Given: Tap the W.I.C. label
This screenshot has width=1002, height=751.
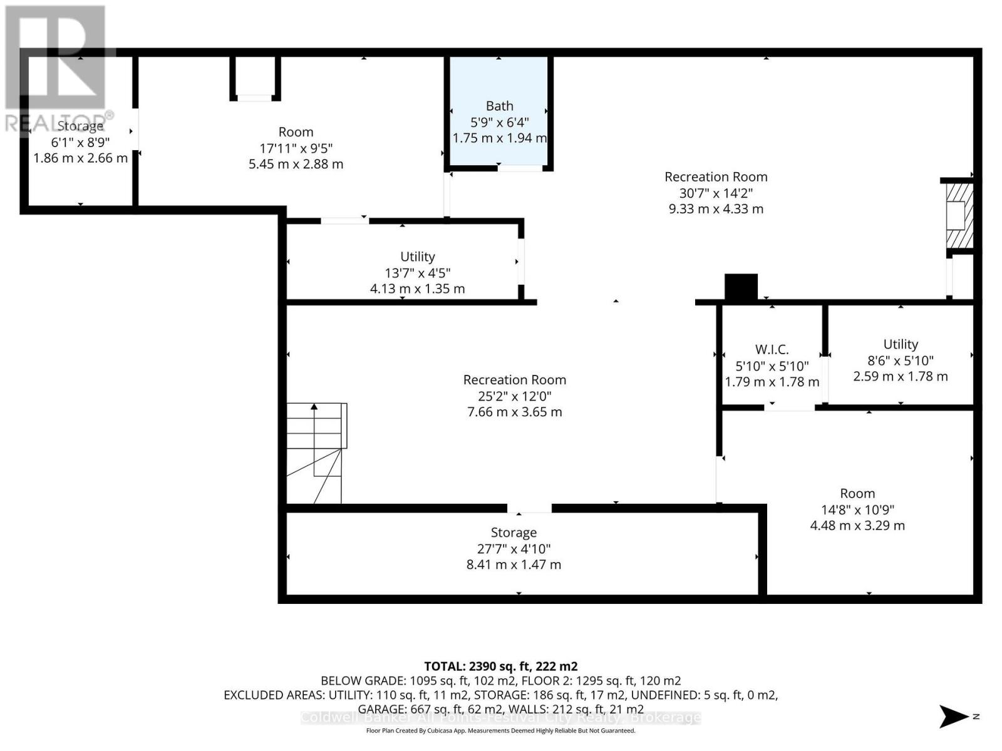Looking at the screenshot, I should coord(772,350).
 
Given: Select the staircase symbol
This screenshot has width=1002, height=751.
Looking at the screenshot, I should coord(316,452).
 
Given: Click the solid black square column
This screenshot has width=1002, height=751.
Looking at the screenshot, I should coord(741,287).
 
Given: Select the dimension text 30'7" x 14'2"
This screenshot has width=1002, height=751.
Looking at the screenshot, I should coord(716,193).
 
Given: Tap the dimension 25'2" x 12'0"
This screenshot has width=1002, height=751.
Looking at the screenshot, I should coord(514,396).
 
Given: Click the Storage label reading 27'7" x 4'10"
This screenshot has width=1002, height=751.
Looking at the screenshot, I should coord(514,548).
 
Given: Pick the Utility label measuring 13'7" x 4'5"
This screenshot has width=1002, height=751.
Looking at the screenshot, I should coord(417,272).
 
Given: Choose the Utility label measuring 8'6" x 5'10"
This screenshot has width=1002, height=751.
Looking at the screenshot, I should coord(900,360).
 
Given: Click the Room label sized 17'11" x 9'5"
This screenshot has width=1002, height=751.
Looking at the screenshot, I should coord(296,148).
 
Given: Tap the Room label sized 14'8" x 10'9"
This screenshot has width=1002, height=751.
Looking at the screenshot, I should coord(857,509).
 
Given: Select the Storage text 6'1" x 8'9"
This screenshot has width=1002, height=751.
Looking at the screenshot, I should coord(80,142).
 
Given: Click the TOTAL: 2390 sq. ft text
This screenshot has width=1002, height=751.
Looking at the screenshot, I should coord(500,667).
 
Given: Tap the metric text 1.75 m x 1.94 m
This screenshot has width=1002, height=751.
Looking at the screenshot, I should coord(499,138).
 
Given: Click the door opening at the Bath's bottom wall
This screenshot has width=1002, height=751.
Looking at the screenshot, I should coord(520,168).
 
